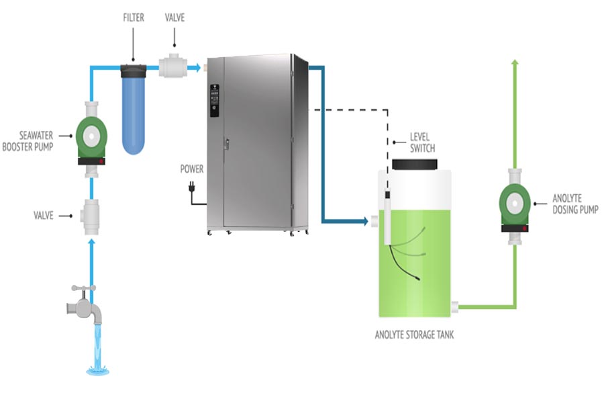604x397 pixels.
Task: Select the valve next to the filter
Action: (x=173, y=66)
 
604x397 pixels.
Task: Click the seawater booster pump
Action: (x=92, y=134)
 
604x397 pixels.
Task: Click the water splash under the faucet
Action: (x=99, y=368)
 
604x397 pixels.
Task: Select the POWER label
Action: (x=191, y=169)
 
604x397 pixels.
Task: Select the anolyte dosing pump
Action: (x=515, y=204)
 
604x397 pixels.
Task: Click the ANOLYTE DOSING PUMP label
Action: (x=574, y=204)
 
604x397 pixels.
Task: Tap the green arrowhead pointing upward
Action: (x=515, y=63)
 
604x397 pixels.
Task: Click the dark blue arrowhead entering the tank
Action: (x=364, y=220)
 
